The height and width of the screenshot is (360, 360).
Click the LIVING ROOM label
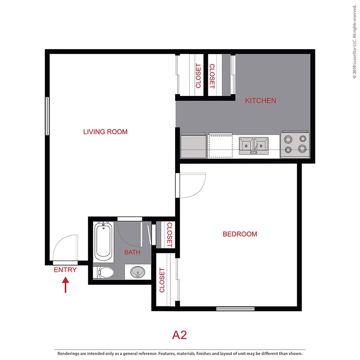[x=105, y=132]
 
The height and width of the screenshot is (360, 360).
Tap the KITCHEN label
[x=260, y=100]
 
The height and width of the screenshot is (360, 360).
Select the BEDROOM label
[x=240, y=234]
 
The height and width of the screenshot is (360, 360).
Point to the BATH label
[x=132, y=252]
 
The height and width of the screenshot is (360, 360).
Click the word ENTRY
[x=65, y=270]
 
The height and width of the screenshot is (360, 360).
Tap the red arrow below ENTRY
[x=66, y=286]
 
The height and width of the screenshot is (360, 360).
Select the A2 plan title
[x=180, y=335]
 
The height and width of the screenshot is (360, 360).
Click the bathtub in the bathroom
[x=103, y=242]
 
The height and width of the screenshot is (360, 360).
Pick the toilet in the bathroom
[x=105, y=273]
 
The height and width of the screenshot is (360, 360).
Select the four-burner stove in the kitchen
[x=295, y=144]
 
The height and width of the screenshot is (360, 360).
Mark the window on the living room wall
[x=47, y=116]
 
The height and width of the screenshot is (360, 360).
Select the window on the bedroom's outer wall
[x=235, y=308]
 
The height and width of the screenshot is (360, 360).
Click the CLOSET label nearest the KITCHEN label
[x=212, y=76]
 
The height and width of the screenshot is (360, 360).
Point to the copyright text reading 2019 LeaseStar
[x=354, y=42]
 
